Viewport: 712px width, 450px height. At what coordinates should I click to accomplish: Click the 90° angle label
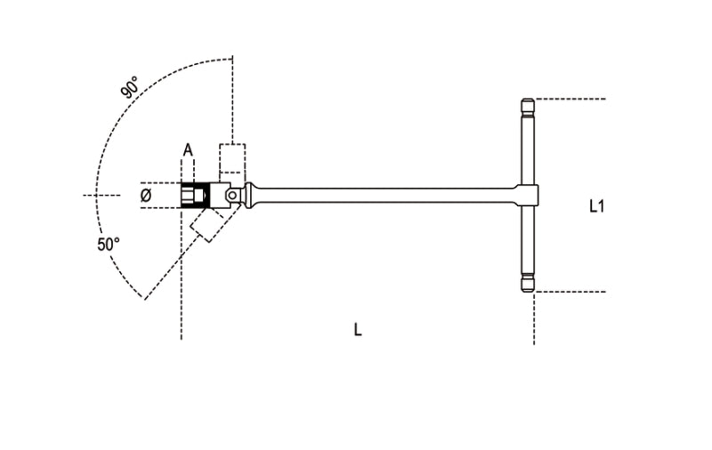pyautogui.click(x=130, y=88)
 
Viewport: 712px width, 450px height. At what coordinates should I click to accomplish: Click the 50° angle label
pyautogui.click(x=109, y=245)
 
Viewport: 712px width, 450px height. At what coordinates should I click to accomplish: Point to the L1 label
pyautogui.click(x=597, y=206)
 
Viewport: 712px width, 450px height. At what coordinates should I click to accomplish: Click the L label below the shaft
pyautogui.click(x=358, y=330)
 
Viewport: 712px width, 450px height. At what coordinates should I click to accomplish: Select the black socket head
pyautogui.click(x=194, y=195)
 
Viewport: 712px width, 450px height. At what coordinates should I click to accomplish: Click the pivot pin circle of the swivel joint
pyautogui.click(x=231, y=194)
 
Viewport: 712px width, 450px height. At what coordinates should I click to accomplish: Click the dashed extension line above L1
pyautogui.click(x=570, y=99)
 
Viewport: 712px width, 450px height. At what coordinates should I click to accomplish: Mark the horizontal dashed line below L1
pyautogui.click(x=570, y=291)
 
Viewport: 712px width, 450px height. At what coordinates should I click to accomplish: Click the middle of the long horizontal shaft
pyautogui.click(x=383, y=193)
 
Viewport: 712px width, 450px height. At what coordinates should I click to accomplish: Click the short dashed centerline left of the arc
pyautogui.click(x=101, y=195)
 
